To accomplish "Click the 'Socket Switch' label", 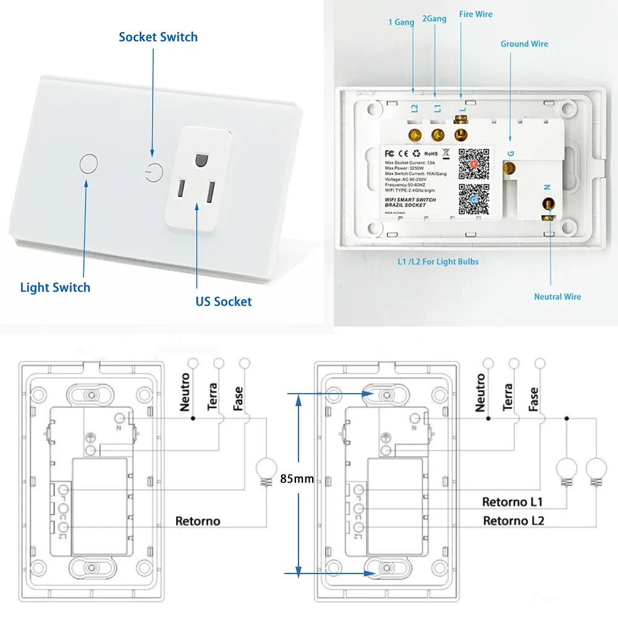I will pos(158,37).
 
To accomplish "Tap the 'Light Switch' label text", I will pos(55,287).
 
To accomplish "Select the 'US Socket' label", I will pos(224,302).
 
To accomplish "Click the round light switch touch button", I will pos(89,164).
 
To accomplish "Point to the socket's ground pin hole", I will pos(199,159).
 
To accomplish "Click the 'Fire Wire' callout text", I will pos(475,14).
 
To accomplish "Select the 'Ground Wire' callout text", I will pos(524,44).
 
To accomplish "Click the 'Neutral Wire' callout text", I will pos(557,297).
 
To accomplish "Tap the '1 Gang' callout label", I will pos(401,22).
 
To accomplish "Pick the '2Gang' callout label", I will pos(434,19).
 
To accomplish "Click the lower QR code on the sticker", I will pos(473,200).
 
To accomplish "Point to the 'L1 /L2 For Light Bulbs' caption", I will pos(438,261).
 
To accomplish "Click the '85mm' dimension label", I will pos(297,478).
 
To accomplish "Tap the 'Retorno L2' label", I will pos(513,520).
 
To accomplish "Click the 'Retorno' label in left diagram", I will pos(197,521).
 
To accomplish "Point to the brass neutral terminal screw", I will pos(548,204).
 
